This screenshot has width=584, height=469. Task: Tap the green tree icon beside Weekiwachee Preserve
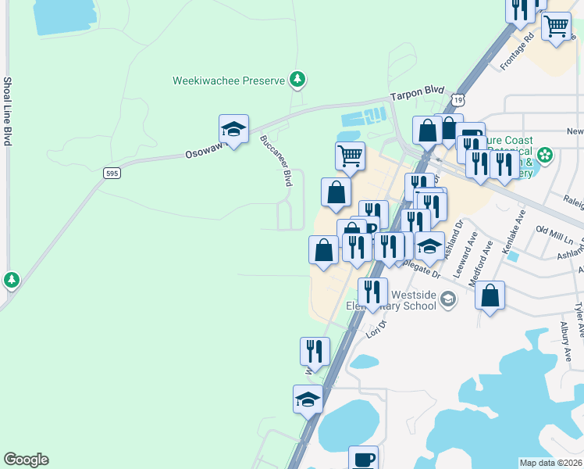point(297,79)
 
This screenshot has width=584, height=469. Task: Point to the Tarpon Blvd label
point(418,92)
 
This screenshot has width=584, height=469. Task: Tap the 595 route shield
point(112,173)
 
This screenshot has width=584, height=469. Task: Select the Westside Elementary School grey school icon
point(448,299)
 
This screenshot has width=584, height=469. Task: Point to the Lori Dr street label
point(377,328)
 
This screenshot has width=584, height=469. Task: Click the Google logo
point(26,460)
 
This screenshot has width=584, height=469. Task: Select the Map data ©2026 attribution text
point(551,463)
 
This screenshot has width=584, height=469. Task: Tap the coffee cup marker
point(363,458)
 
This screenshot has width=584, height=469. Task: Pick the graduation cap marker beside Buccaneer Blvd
point(233,131)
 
